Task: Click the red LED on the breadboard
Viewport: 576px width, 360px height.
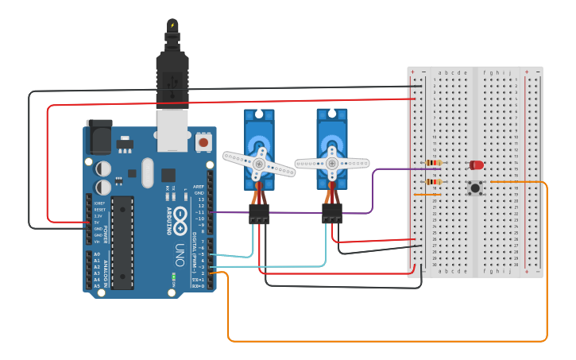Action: tap(477, 165)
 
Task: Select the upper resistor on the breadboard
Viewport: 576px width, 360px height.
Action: tap(434, 163)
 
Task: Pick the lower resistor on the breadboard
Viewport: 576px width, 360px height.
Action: tap(434, 181)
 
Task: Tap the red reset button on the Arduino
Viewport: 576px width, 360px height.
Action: tap(203, 142)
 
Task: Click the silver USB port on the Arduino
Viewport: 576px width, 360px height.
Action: tap(172, 130)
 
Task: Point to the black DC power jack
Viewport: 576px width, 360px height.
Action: tap(99, 136)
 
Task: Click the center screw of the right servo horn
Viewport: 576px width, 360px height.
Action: tap(331, 163)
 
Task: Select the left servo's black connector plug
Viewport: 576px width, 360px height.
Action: tap(259, 213)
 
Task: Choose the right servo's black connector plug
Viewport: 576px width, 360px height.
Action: tap(332, 212)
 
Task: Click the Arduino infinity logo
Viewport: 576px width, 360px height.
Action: tap(180, 215)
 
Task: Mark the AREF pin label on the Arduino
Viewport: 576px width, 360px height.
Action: tap(199, 187)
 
